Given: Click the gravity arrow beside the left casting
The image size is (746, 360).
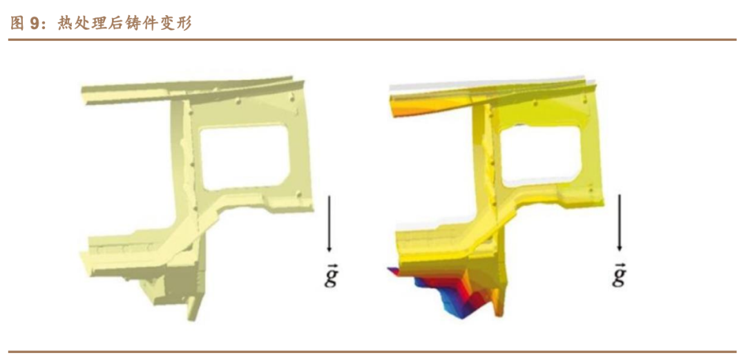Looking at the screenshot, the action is point(328,223).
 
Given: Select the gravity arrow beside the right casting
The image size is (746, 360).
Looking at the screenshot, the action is point(619,223).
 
